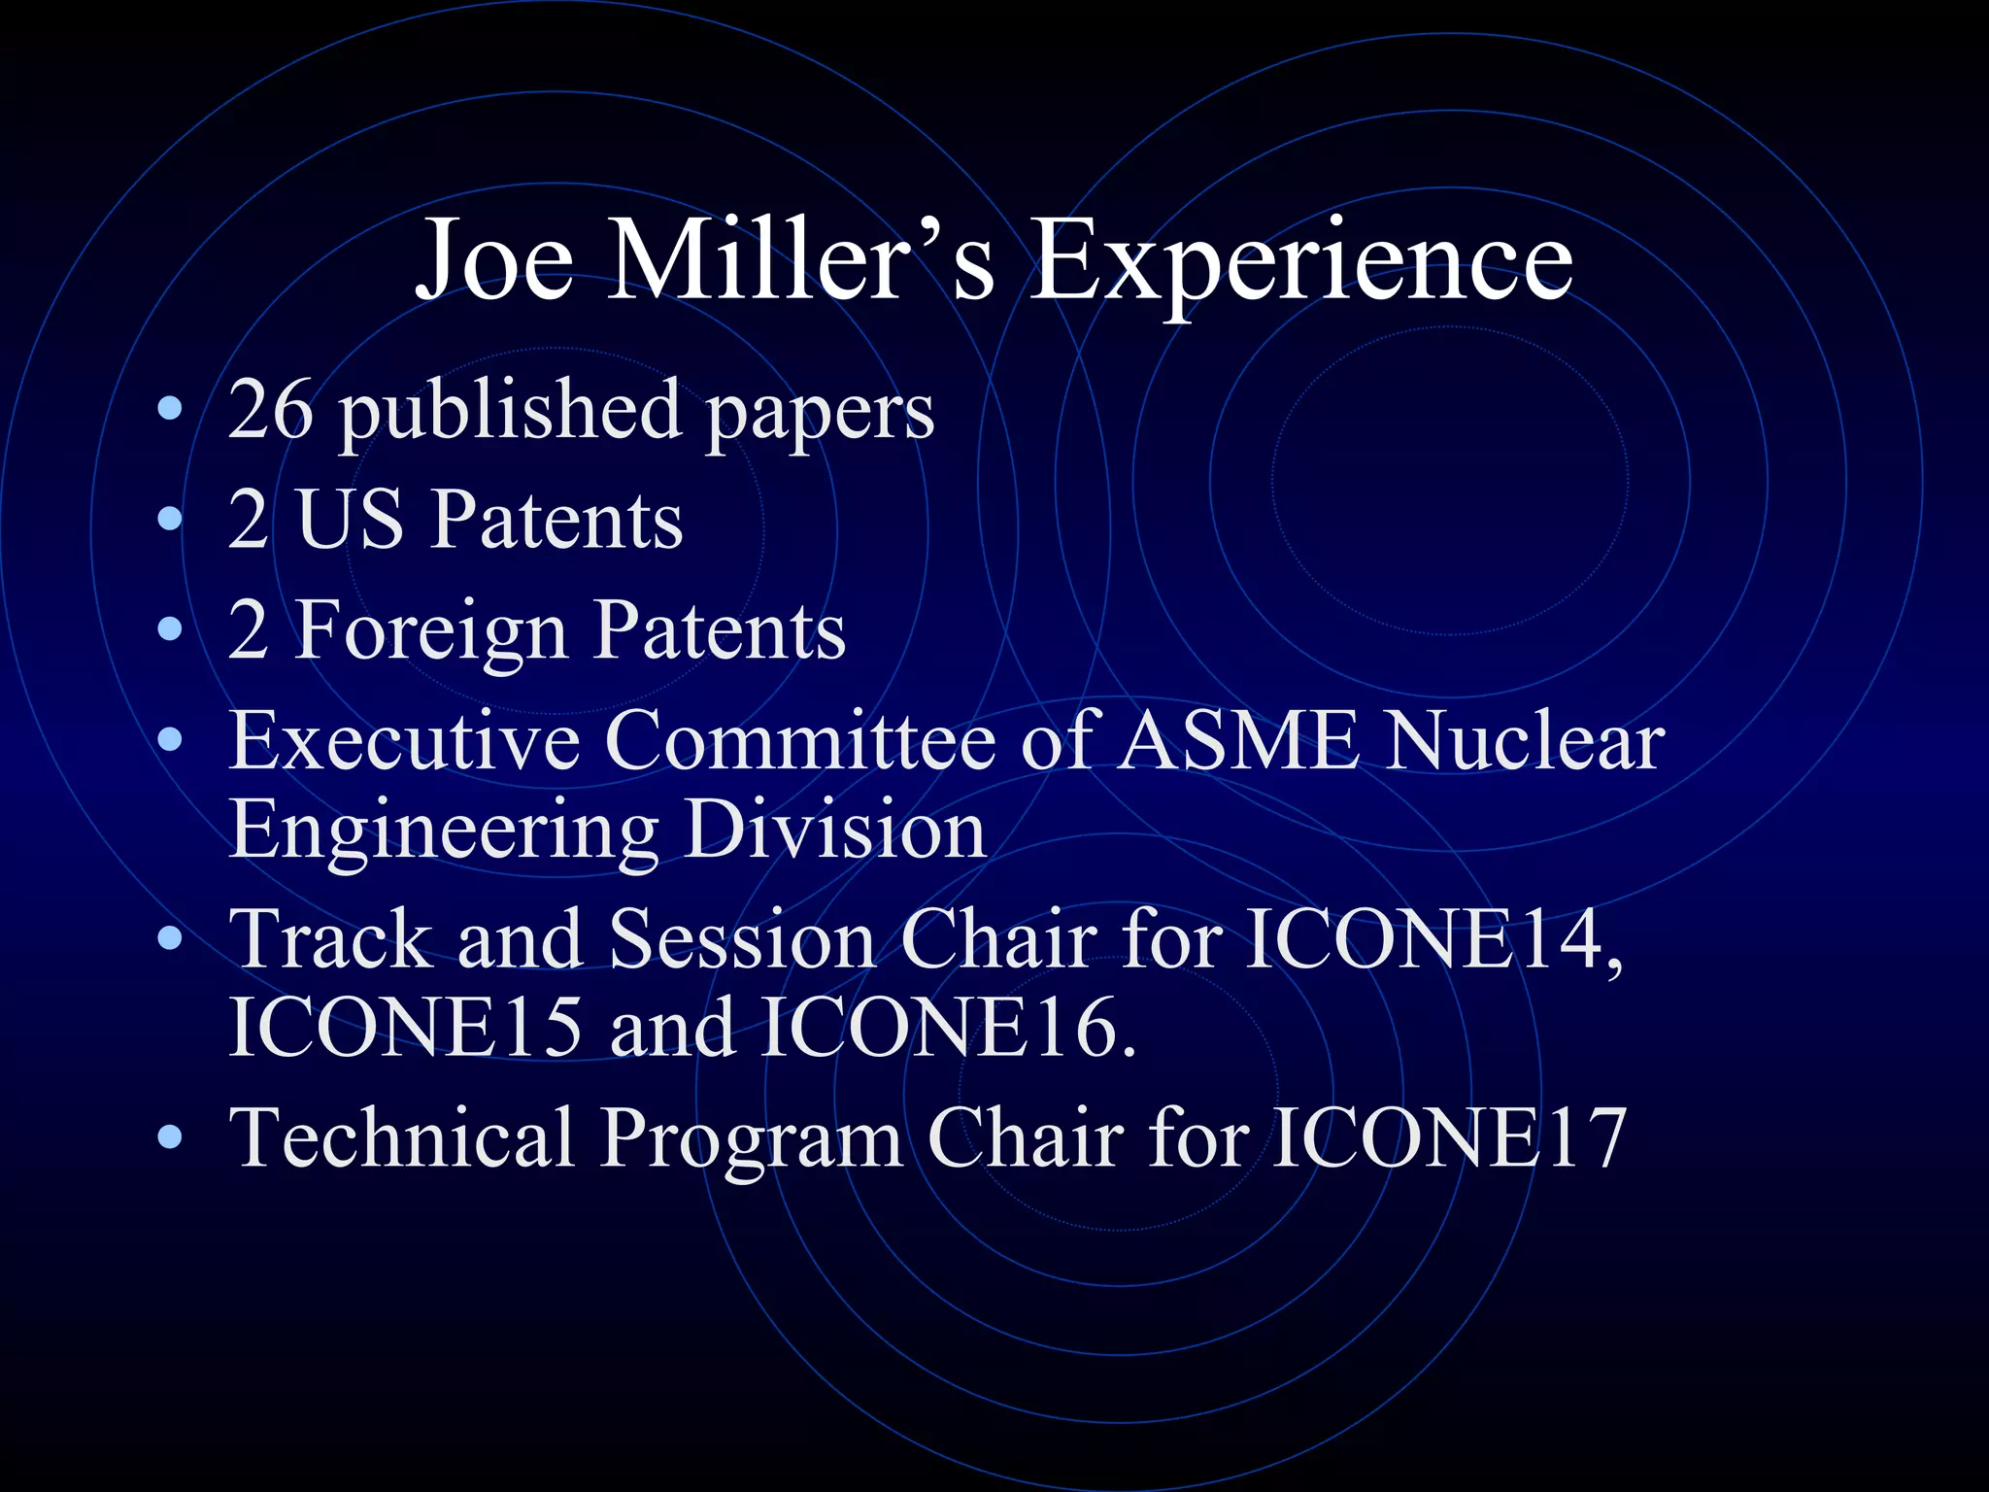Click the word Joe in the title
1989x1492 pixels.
[494, 260]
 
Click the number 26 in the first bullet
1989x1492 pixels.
[270, 410]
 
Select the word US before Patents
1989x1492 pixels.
[350, 520]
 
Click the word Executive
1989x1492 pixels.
[404, 740]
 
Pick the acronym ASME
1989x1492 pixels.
[1238, 740]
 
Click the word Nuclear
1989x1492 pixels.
[1525, 740]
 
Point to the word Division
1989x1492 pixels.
[835, 830]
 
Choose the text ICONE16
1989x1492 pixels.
[947, 1028]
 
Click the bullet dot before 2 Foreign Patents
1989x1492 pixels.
[170, 630]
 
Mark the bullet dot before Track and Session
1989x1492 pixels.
[170, 937]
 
